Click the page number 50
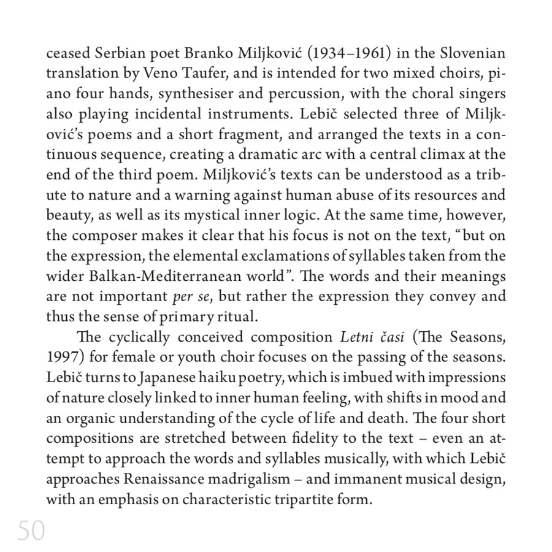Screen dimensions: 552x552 pos(31,531)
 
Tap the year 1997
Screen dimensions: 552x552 pos(64,358)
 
